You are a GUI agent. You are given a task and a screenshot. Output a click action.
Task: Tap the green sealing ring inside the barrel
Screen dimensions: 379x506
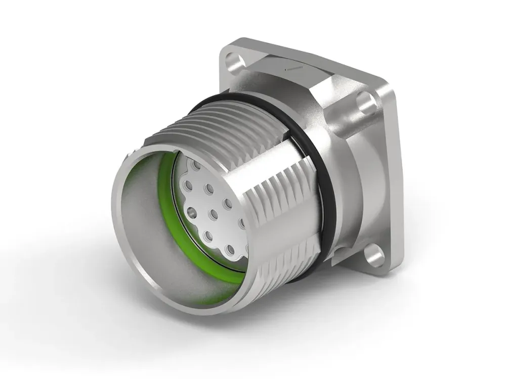point(164,167)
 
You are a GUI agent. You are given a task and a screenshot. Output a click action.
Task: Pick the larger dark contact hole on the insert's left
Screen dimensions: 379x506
point(191,211)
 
